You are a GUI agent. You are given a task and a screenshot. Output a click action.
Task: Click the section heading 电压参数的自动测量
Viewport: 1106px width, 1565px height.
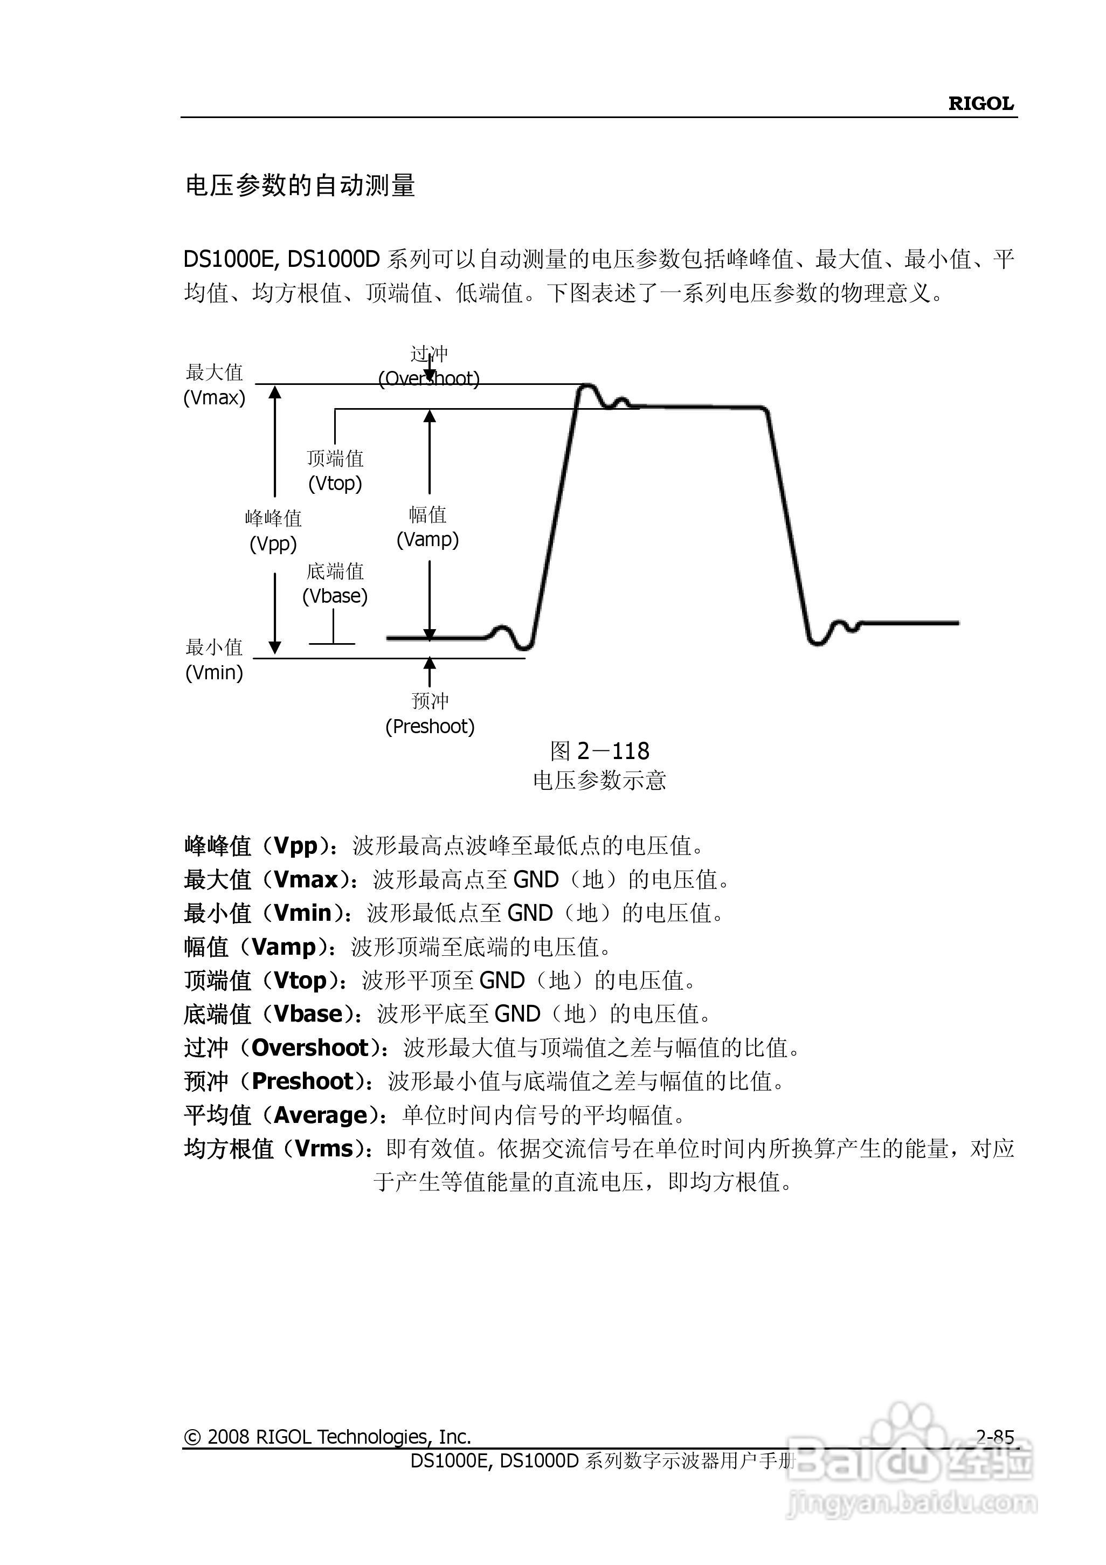(x=300, y=185)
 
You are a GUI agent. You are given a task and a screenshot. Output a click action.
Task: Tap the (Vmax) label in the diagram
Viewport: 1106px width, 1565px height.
(x=214, y=398)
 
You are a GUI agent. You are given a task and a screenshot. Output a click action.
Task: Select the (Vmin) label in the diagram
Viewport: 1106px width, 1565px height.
(x=214, y=673)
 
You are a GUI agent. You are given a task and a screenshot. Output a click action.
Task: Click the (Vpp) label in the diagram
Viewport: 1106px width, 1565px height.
(x=273, y=544)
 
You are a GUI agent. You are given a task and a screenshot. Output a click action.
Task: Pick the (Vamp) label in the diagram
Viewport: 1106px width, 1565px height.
(x=427, y=540)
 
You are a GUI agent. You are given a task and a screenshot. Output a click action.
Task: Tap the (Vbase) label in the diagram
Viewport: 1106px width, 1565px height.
(x=335, y=596)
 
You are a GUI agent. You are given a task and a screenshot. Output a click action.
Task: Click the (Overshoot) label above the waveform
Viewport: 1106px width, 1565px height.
(x=428, y=379)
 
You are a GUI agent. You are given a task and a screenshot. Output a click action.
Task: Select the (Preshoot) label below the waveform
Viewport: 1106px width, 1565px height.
(x=430, y=727)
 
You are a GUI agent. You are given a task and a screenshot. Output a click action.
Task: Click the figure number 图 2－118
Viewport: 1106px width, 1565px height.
(x=600, y=751)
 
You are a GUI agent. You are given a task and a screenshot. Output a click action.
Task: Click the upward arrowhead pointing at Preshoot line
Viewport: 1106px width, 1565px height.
(x=430, y=663)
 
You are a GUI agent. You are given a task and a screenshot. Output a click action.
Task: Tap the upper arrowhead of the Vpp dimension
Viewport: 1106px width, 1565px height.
(x=275, y=392)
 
